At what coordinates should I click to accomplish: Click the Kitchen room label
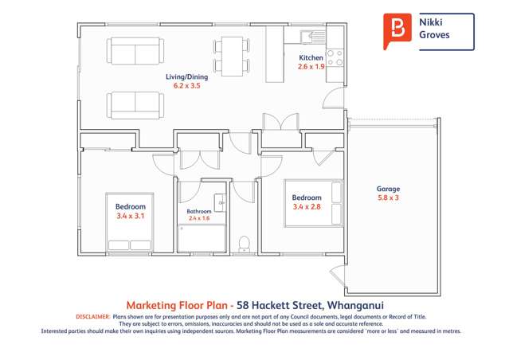[311, 58]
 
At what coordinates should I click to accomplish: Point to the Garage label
[388, 189]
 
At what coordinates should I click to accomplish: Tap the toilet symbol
[245, 242]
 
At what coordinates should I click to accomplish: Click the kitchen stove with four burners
[335, 57]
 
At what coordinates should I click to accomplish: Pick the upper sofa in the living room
[134, 52]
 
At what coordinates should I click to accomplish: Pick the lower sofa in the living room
[134, 104]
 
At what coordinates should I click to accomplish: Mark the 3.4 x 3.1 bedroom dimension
[131, 216]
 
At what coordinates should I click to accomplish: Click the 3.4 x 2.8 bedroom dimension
[307, 207]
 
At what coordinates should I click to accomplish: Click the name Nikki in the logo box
[431, 24]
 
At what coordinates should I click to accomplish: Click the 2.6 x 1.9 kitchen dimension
[311, 68]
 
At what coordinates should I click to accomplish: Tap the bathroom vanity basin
[221, 205]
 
